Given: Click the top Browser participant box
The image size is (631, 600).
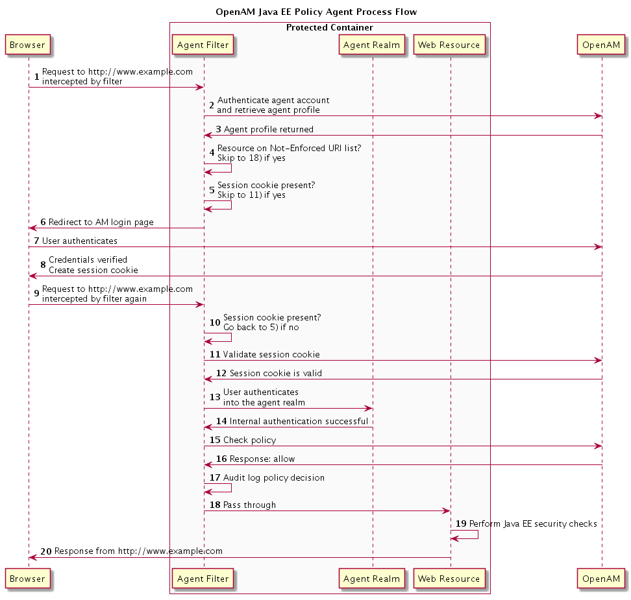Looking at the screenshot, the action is pyautogui.click(x=28, y=45).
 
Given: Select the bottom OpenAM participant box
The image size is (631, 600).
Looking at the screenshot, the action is pyautogui.click(x=601, y=579).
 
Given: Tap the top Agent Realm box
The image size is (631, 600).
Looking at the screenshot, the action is pyautogui.click(x=371, y=45).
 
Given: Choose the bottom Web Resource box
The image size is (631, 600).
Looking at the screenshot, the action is pyautogui.click(x=449, y=579).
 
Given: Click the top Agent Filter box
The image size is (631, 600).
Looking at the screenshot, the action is pyautogui.click(x=203, y=45).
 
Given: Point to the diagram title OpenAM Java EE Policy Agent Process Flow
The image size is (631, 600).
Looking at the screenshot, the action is pyautogui.click(x=316, y=12).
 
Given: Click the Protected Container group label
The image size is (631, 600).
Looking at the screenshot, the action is pyautogui.click(x=330, y=27).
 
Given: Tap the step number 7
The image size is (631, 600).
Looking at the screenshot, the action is pyautogui.click(x=36, y=241).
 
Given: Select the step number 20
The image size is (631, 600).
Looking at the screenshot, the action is pyautogui.click(x=46, y=551).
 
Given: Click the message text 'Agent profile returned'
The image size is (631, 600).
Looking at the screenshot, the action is pyautogui.click(x=268, y=129).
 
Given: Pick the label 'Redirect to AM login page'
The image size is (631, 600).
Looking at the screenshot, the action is pyautogui.click(x=101, y=222).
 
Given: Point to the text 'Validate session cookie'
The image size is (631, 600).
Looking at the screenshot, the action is pyautogui.click(x=271, y=354).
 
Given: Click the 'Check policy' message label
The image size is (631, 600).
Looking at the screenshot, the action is pyautogui.click(x=249, y=440).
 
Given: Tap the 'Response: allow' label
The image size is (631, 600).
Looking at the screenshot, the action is pyautogui.click(x=262, y=459).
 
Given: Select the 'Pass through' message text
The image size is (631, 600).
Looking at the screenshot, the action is pyautogui.click(x=249, y=505).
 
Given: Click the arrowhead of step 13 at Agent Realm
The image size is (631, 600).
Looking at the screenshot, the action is pyautogui.click(x=368, y=408).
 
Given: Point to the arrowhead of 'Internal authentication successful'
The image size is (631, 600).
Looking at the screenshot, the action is pyautogui.click(x=208, y=427).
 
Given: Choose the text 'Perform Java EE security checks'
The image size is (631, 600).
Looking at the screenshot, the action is pyautogui.click(x=533, y=523).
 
